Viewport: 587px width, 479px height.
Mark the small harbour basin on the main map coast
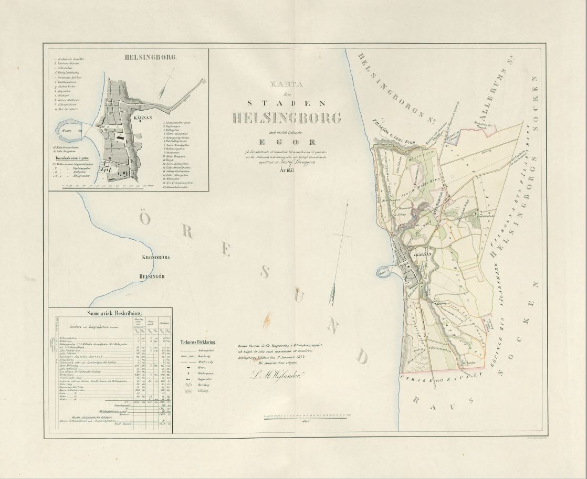385,273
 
